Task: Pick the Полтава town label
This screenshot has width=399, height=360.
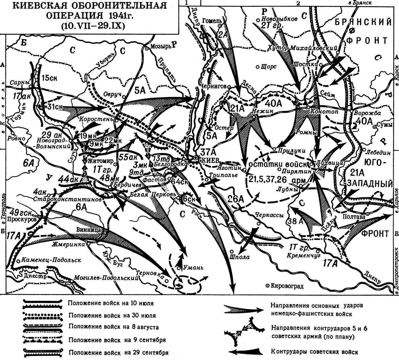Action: [x=354, y=217]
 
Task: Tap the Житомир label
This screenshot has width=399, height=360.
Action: [x=99, y=161]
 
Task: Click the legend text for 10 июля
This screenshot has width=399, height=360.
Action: [x=111, y=303]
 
